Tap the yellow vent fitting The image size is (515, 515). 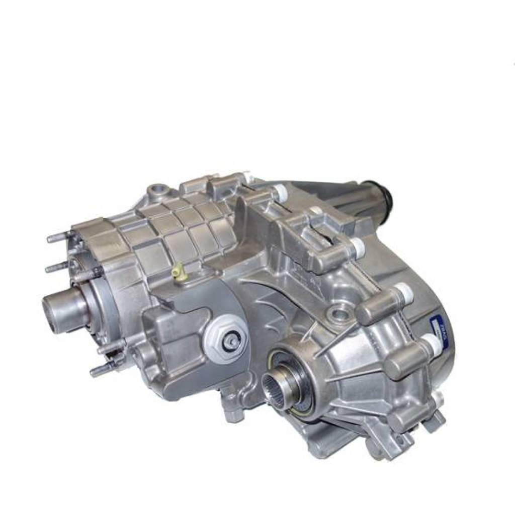pos(176,272)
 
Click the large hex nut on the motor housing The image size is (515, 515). pos(229,334)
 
